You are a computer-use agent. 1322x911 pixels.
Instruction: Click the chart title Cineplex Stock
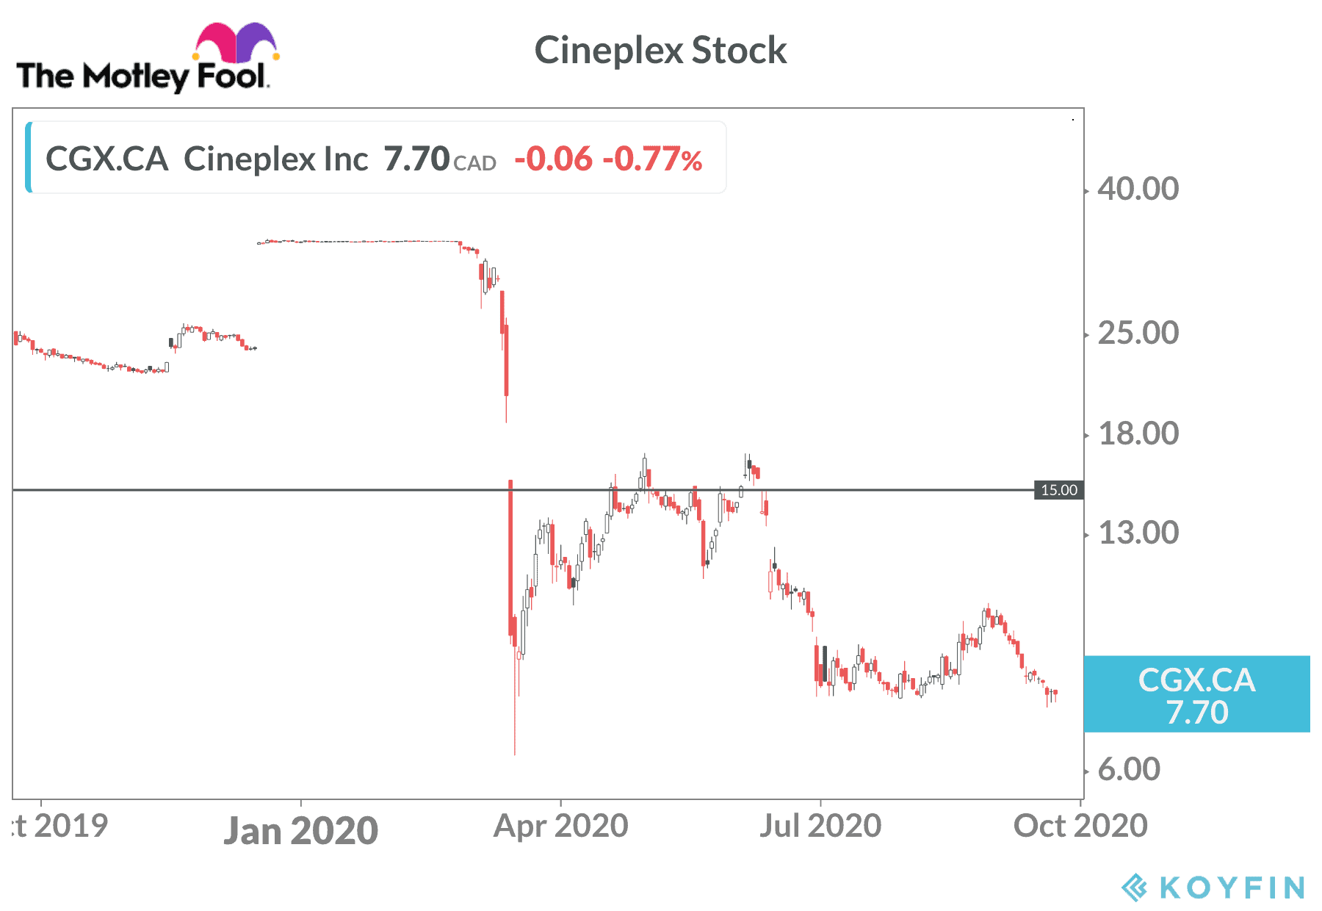coord(660,51)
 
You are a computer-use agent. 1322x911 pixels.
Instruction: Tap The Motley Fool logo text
coord(142,76)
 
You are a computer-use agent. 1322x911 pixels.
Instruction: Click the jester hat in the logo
coord(236,43)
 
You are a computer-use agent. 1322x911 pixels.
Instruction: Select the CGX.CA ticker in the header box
coord(106,159)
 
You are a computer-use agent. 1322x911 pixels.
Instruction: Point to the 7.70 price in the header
coord(416,159)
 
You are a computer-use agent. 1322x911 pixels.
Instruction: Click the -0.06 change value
coord(553,159)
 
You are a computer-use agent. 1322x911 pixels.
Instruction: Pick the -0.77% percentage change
coord(652,159)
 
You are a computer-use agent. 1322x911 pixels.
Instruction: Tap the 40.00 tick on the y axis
coord(1138,189)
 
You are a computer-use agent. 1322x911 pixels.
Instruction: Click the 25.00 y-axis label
coord(1138,333)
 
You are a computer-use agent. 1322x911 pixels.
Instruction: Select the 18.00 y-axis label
coord(1138,433)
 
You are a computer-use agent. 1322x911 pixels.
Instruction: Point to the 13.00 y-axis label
coord(1138,533)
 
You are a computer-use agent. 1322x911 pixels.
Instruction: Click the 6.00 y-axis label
coord(1129,769)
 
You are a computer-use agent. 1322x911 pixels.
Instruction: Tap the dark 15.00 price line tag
coord(1058,490)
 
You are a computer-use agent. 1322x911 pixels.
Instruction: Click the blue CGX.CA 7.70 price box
coord(1196,695)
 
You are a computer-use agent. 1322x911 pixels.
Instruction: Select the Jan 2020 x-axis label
coord(300,831)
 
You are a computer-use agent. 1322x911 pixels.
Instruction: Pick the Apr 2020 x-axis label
coord(560,826)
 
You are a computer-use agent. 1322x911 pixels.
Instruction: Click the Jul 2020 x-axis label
coord(820,826)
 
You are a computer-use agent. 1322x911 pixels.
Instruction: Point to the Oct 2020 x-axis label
coord(1080,826)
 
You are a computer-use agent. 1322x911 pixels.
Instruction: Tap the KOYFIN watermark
coord(1213,887)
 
